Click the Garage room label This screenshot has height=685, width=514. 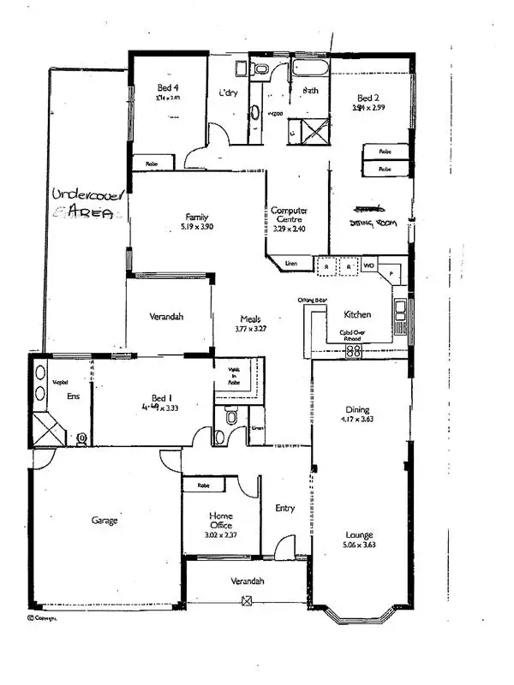pyautogui.click(x=105, y=520)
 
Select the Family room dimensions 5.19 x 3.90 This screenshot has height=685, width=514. pyautogui.click(x=197, y=227)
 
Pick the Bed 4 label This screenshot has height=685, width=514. pyautogui.click(x=167, y=88)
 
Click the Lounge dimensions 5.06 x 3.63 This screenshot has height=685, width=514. pyautogui.click(x=359, y=545)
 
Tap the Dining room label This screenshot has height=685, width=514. pyautogui.click(x=357, y=410)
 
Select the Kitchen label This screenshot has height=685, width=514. pyautogui.click(x=356, y=314)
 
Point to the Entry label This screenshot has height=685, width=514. pyautogui.click(x=285, y=509)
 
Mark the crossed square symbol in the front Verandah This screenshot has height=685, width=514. pyautogui.click(x=247, y=601)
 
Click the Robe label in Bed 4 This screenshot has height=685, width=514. pyautogui.click(x=151, y=163)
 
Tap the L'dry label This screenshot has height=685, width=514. pyautogui.click(x=228, y=92)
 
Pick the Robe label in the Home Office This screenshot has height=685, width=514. pyautogui.click(x=203, y=485)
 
